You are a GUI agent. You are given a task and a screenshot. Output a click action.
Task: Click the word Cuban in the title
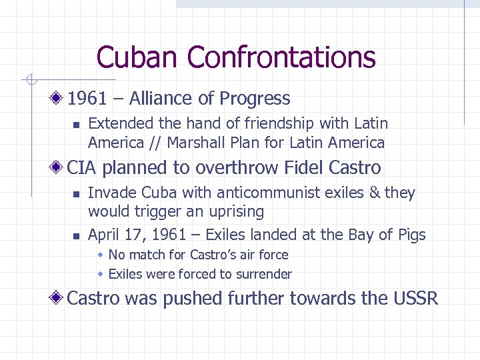pos(139,57)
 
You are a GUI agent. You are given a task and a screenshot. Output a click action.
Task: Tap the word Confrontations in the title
pos(281,57)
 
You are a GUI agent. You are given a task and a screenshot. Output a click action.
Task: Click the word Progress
pos(255,99)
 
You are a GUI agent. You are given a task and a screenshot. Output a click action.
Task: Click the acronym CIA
pos(82,167)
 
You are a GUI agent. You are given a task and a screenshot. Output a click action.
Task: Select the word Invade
pos(108,193)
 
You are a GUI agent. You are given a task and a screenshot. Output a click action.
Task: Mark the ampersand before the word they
pos(375,193)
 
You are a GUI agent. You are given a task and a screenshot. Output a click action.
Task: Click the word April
pos(104,235)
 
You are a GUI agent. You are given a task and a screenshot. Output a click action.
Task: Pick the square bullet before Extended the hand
pos(77,124)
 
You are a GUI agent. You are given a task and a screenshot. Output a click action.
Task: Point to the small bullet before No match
pos(101,255)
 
